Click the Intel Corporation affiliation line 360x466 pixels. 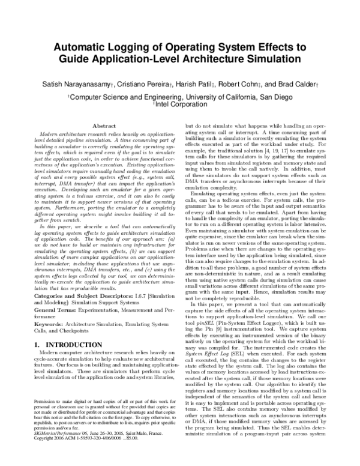(181, 104)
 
